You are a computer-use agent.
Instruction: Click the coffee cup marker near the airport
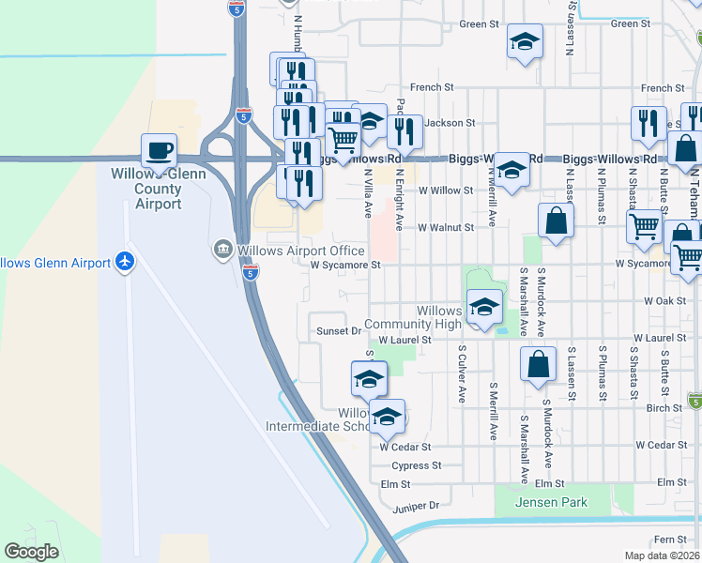(159, 150)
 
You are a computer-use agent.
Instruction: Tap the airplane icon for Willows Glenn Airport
(124, 262)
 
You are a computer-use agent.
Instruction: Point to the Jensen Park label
(552, 502)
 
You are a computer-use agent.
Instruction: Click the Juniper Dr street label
(414, 505)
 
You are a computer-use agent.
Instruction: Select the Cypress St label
(417, 465)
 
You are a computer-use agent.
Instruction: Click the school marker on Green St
(525, 42)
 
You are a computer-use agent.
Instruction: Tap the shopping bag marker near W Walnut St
(556, 221)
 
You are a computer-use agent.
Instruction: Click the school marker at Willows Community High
(484, 309)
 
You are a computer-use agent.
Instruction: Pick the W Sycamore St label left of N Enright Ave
(345, 265)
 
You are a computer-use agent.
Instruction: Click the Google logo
(31, 551)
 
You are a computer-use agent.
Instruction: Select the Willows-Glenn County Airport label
(146, 189)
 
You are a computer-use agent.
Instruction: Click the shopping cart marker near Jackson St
(343, 140)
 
